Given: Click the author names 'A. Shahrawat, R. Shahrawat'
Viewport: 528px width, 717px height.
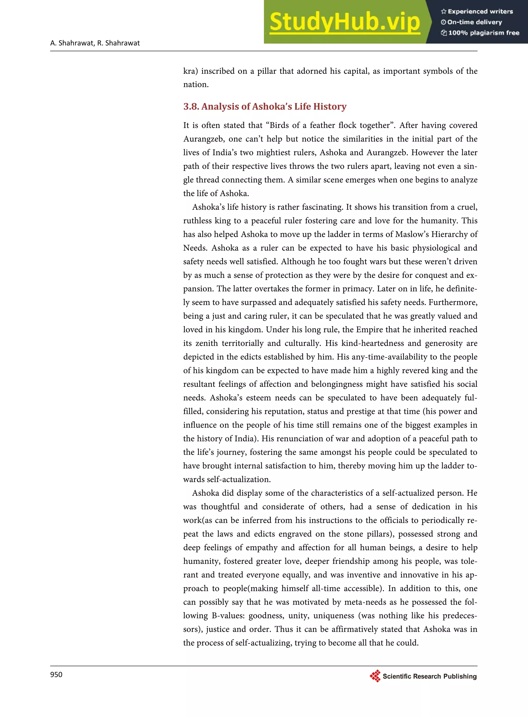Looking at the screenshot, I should click(95, 43).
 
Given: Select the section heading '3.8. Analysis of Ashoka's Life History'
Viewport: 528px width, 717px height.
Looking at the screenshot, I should click(265, 107).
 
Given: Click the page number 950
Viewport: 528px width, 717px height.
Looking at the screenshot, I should click(56, 674).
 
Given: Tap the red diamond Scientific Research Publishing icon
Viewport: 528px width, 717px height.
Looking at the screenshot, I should click(375, 676).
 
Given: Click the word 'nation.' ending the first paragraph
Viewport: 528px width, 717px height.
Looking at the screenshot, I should click(196, 85).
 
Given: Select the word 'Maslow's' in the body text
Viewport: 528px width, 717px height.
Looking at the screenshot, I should click(412, 234).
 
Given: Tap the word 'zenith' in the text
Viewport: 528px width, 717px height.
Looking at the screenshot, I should click(207, 343).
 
